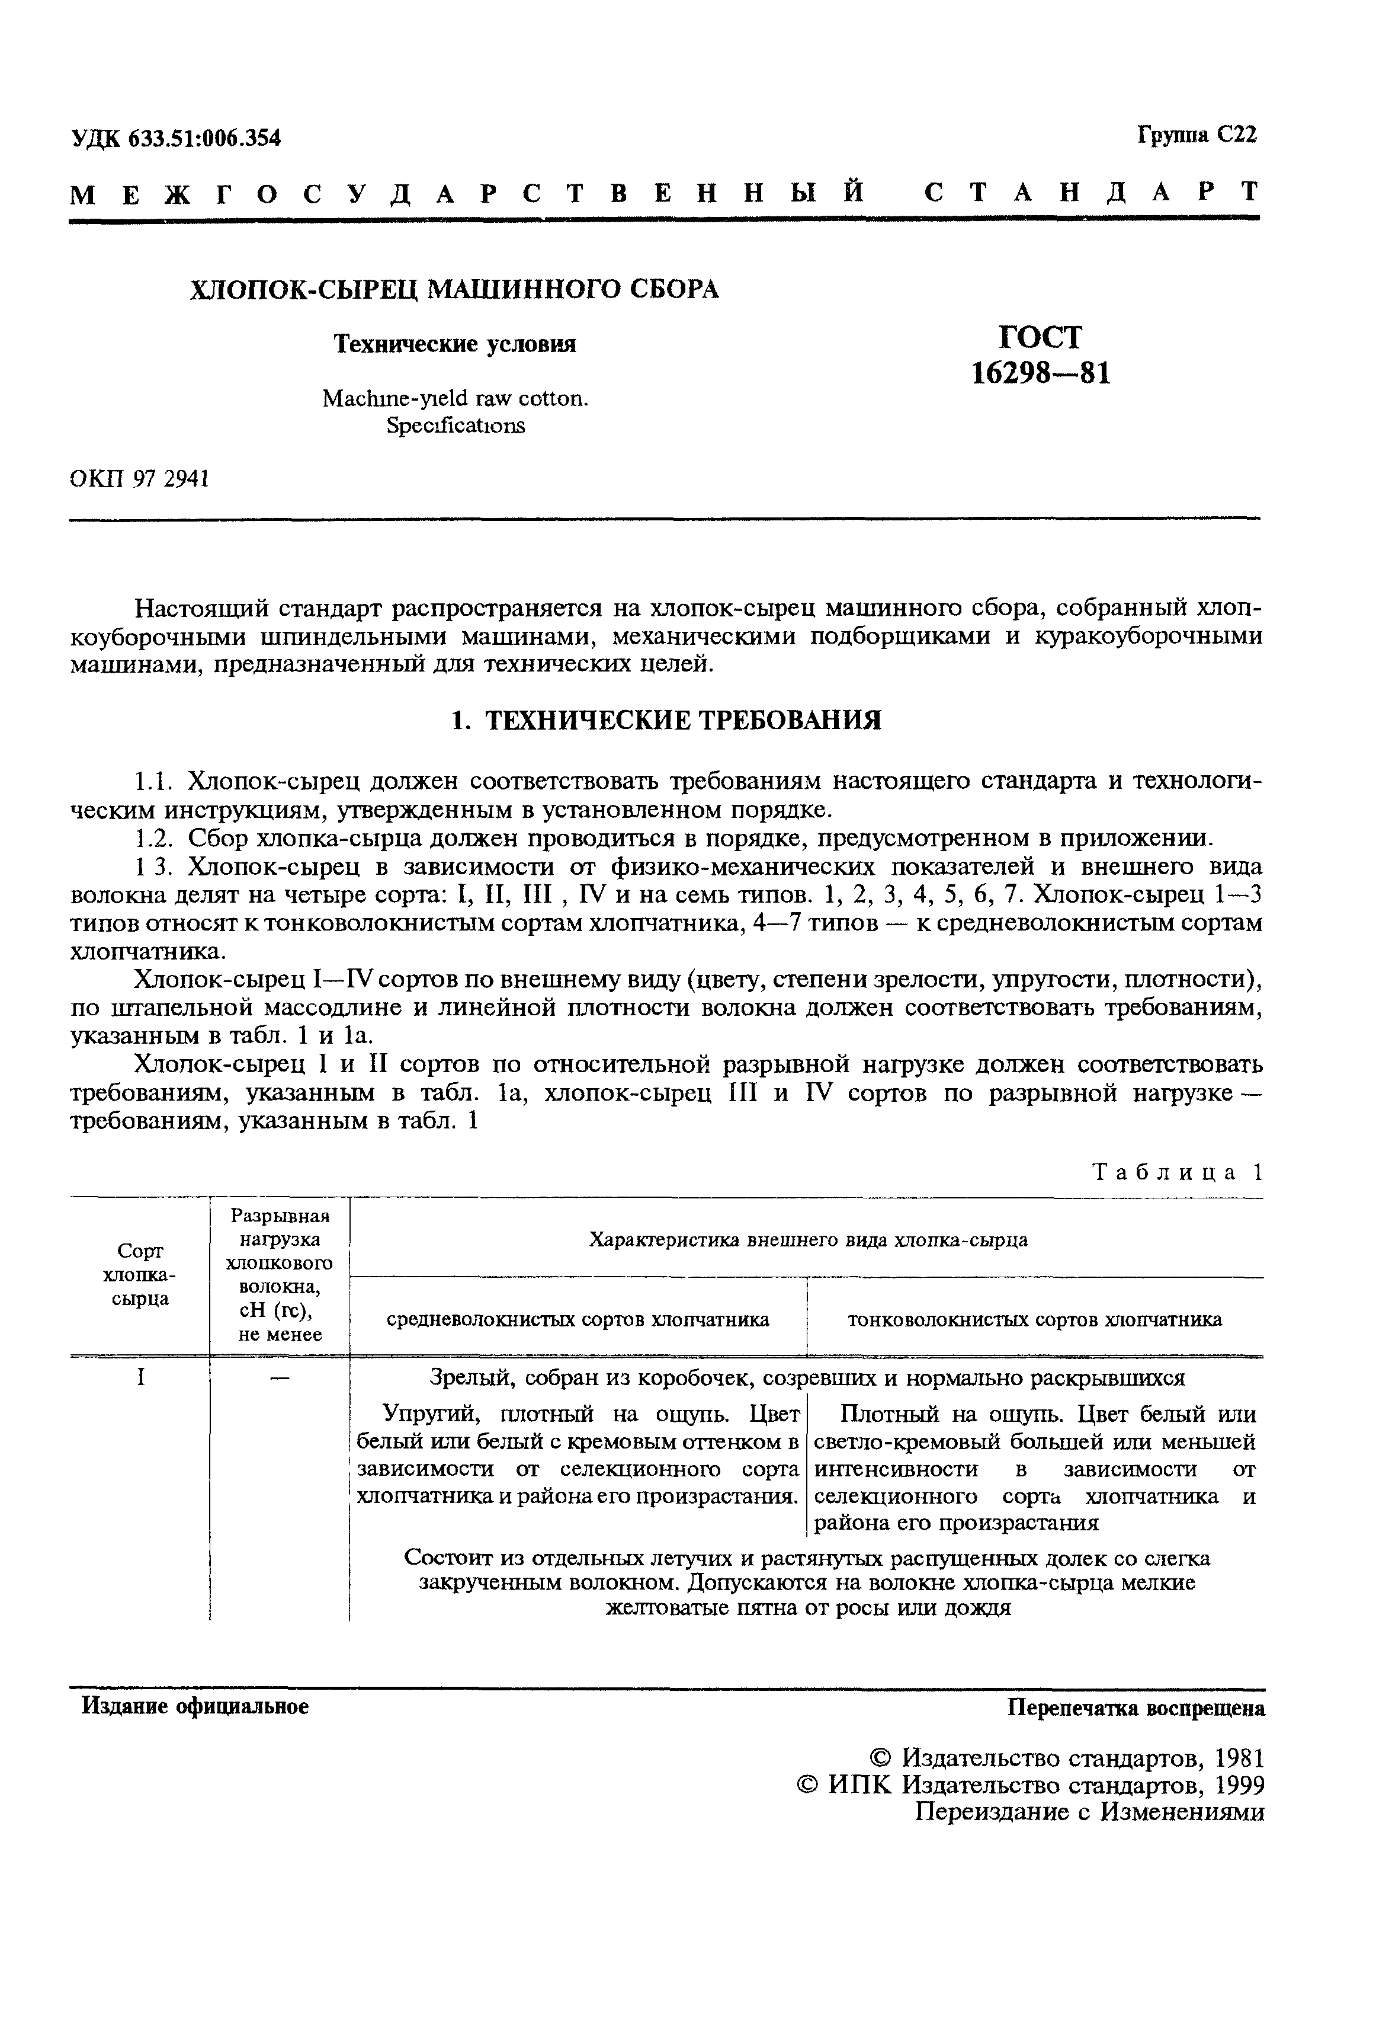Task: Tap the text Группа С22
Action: point(1197,135)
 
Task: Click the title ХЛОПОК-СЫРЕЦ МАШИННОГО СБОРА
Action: point(454,289)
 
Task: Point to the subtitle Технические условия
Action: point(454,344)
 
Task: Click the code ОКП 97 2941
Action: point(139,479)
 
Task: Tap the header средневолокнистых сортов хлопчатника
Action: point(578,1319)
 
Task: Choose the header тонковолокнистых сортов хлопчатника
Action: point(1034,1319)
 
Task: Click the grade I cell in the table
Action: point(140,1377)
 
